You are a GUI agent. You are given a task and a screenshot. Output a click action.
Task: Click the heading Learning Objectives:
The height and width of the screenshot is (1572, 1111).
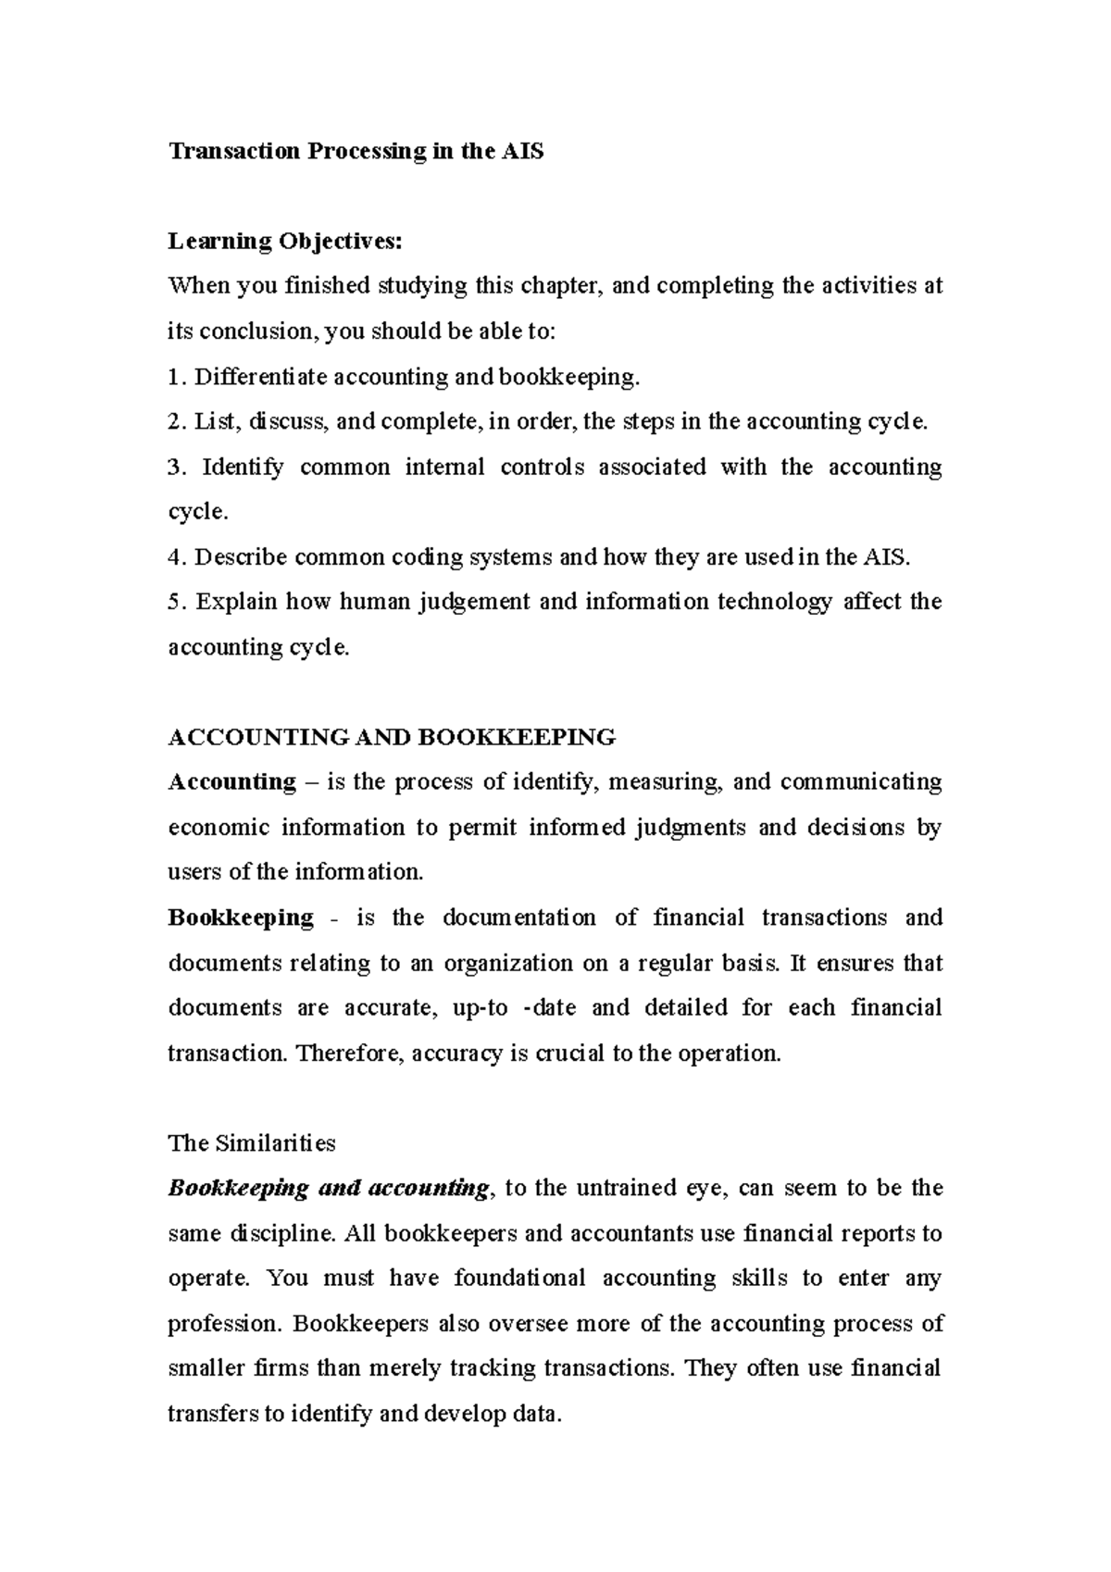285,242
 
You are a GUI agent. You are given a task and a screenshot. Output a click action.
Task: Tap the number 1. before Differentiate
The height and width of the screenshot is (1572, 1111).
177,377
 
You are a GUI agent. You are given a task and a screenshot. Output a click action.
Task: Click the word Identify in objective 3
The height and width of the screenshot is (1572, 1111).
243,467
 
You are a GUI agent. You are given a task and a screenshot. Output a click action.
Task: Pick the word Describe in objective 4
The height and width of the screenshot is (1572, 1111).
241,557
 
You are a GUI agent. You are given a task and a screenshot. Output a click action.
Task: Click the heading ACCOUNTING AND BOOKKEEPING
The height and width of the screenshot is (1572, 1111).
392,738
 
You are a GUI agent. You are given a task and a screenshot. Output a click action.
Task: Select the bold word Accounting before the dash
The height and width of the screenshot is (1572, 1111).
231,782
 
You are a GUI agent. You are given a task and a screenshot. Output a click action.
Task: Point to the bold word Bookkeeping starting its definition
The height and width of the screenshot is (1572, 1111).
241,918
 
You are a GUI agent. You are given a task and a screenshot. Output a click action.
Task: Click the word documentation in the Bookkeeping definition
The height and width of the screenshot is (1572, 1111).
518,918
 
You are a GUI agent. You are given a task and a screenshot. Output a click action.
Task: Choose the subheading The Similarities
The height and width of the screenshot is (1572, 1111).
252,1143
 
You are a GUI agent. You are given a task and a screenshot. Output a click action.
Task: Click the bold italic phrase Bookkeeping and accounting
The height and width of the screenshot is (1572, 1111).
328,1189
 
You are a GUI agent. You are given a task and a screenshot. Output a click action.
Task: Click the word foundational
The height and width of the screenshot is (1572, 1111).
519,1279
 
